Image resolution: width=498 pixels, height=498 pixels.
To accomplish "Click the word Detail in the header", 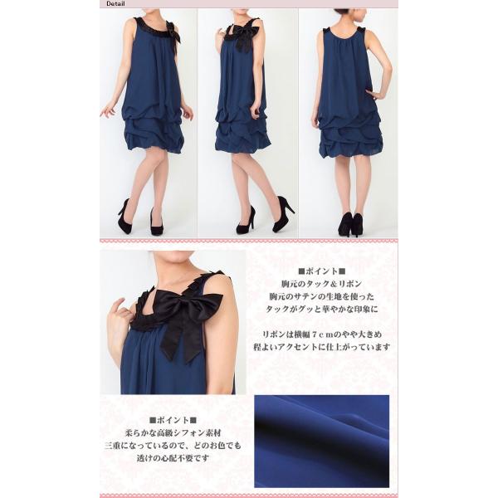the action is pyautogui.click(x=115, y=4).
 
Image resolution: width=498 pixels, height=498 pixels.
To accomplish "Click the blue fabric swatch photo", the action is pyautogui.click(x=321, y=442).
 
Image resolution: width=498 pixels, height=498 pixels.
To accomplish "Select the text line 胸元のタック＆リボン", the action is pyautogui.click(x=321, y=284).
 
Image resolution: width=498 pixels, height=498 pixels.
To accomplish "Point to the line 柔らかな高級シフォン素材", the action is pyautogui.click(x=173, y=433).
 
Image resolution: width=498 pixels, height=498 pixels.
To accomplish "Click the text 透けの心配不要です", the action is pyautogui.click(x=173, y=458).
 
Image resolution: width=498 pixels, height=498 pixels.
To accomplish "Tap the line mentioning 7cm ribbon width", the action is pyautogui.click(x=322, y=334).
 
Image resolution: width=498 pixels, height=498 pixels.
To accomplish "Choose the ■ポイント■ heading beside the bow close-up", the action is pyautogui.click(x=321, y=271).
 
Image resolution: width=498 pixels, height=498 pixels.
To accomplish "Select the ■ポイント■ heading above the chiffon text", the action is pyautogui.click(x=173, y=420).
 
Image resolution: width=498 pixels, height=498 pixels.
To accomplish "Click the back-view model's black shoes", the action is pyautogui.click(x=350, y=225).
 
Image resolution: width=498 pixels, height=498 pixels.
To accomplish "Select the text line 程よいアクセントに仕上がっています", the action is pyautogui.click(x=322, y=347).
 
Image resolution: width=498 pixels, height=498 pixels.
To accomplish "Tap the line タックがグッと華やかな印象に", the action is pyautogui.click(x=322, y=309).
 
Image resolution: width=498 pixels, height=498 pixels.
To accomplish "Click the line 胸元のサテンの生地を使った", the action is pyautogui.click(x=322, y=296).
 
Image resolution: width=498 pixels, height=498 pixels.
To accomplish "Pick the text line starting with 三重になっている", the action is pyautogui.click(x=173, y=446).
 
